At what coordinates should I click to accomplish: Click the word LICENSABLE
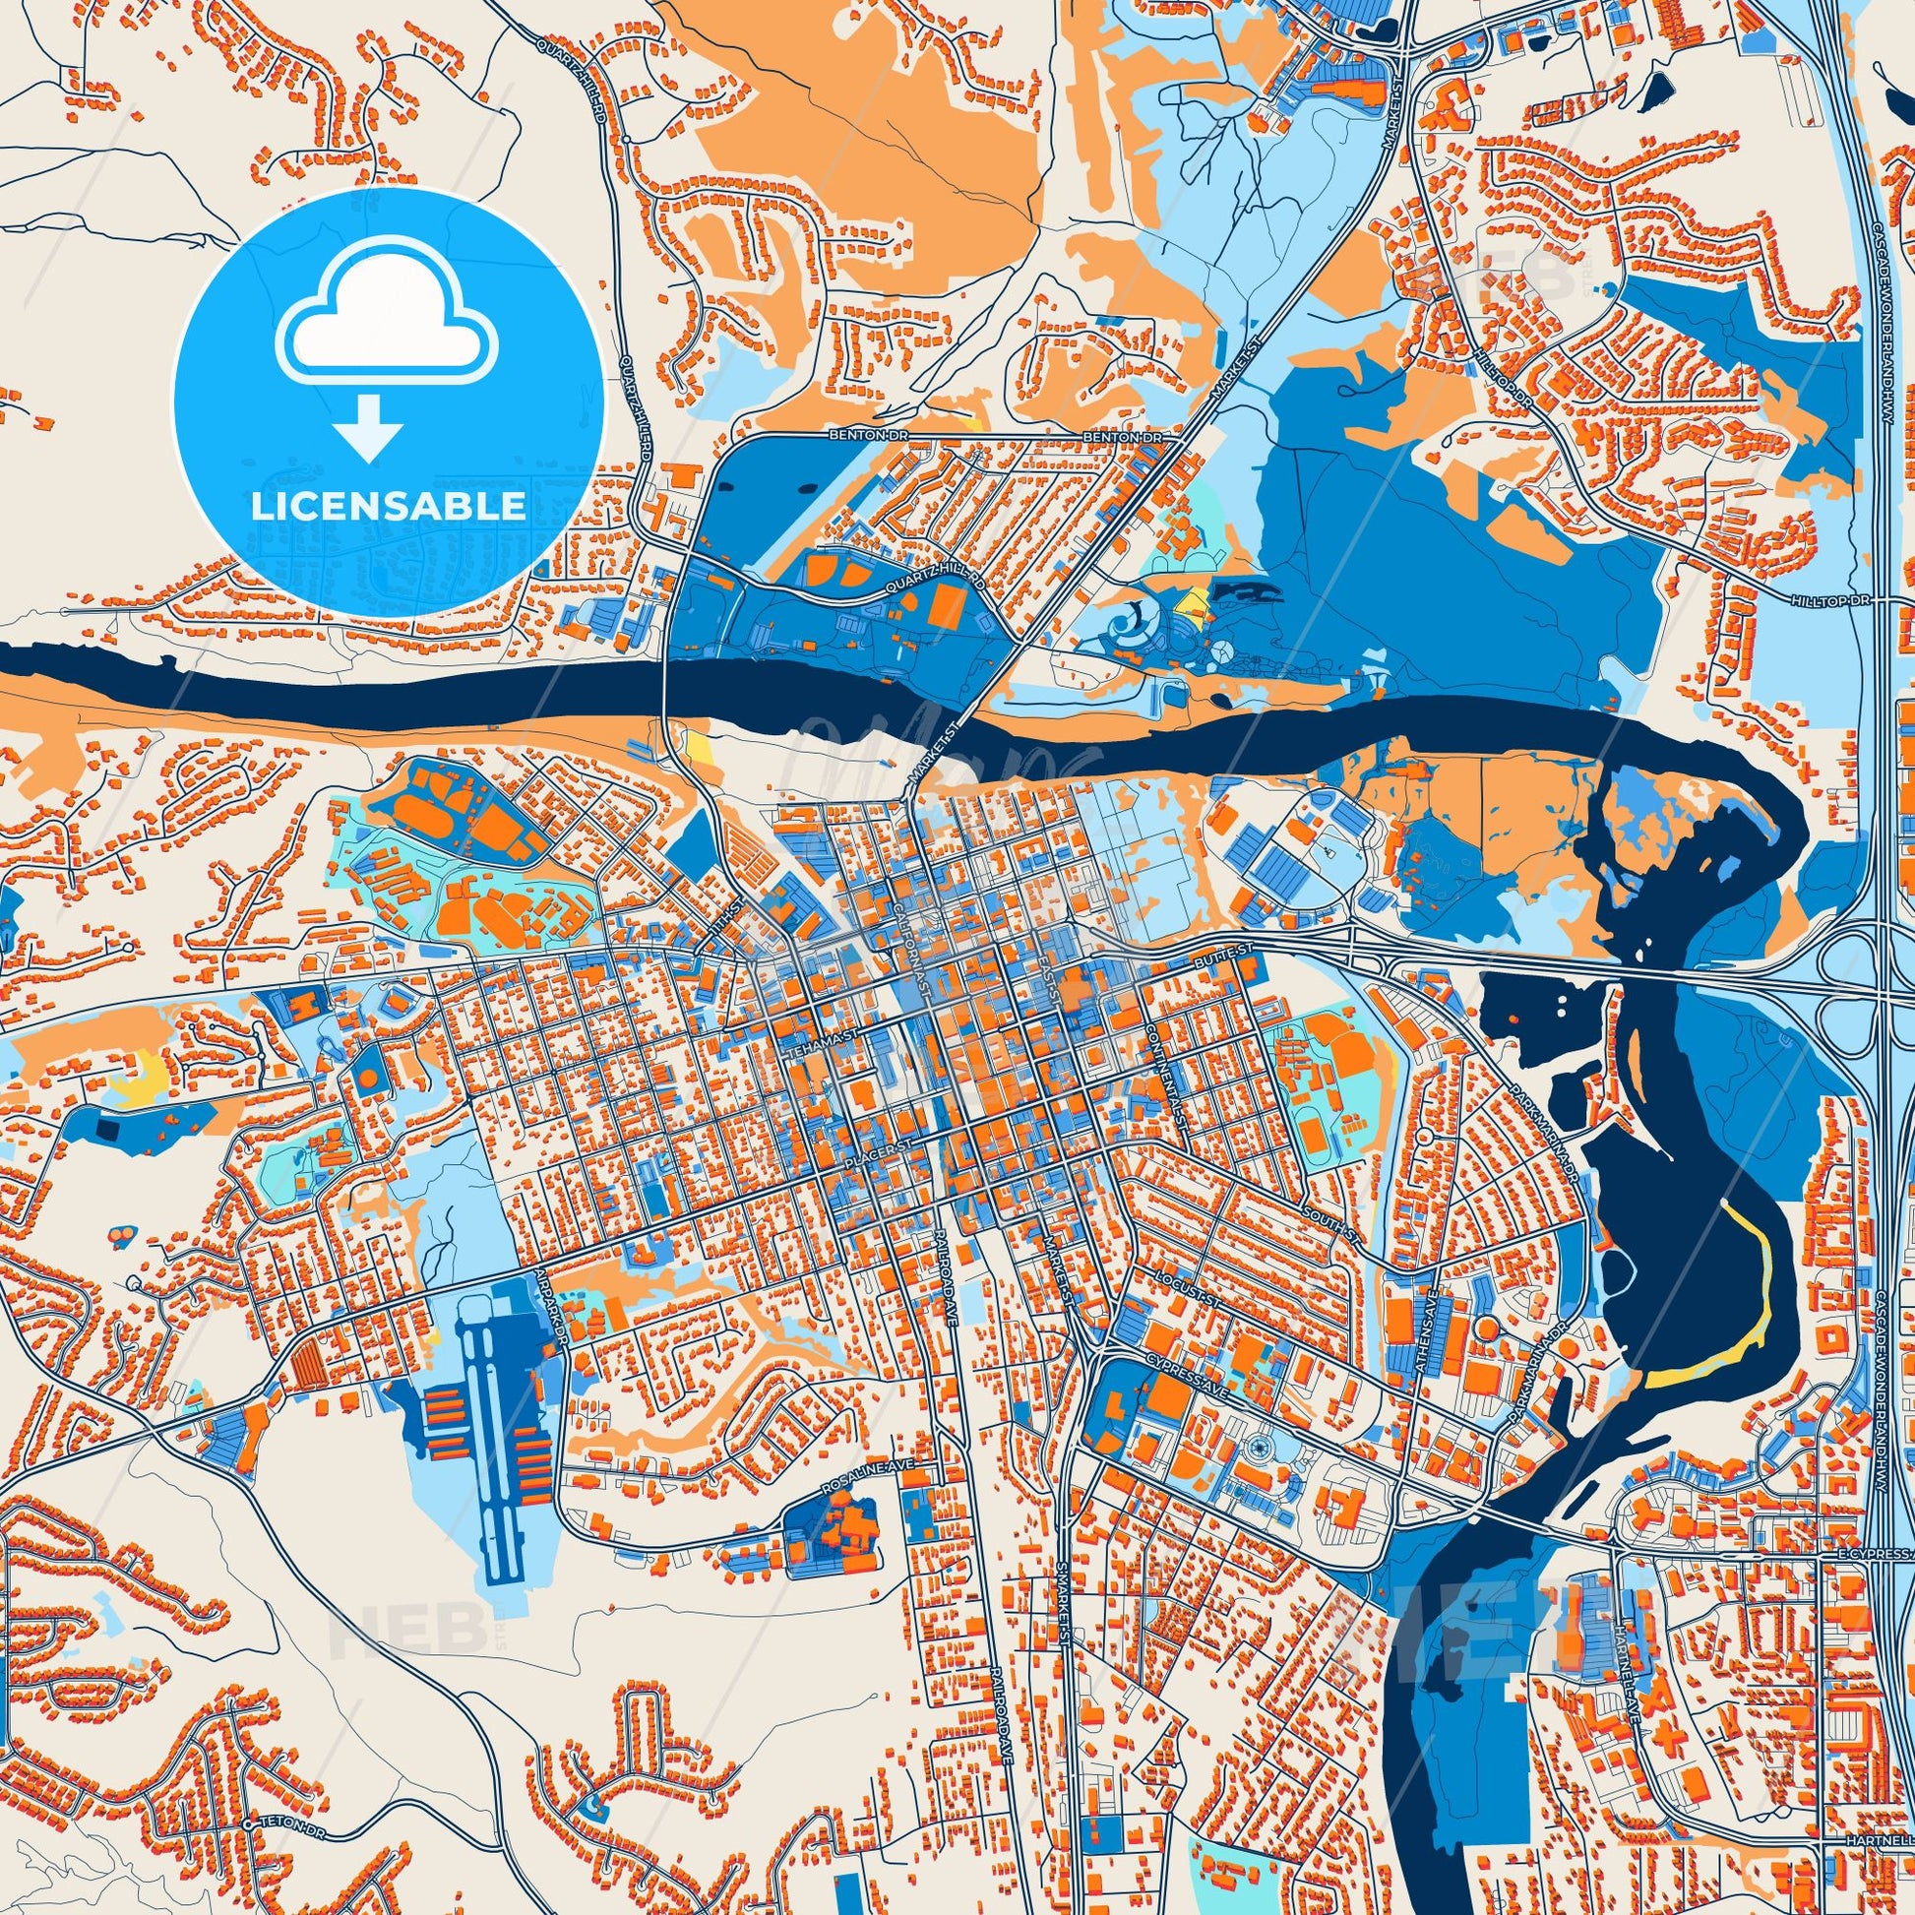click(389, 507)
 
